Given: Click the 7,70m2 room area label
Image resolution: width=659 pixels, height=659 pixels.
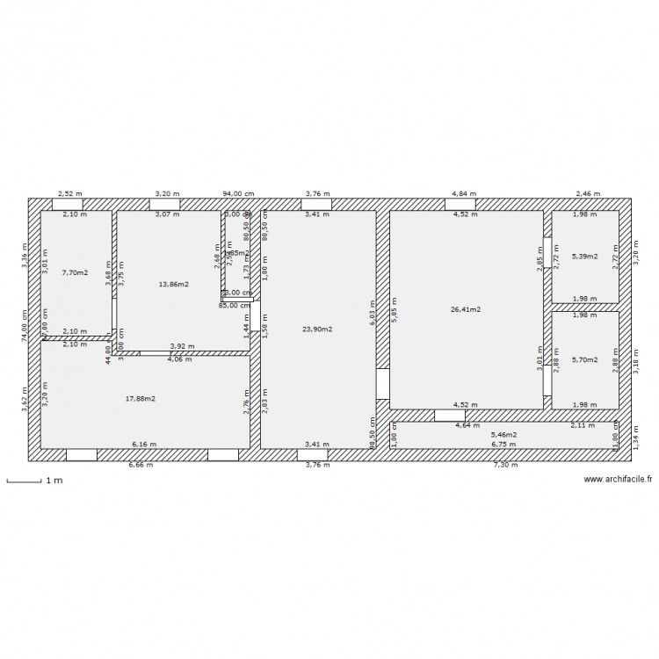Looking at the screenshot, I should click(75, 272).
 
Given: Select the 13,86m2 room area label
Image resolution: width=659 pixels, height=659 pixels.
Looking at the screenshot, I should click(173, 285).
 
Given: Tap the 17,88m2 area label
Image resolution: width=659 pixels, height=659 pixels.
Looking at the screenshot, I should click(141, 398).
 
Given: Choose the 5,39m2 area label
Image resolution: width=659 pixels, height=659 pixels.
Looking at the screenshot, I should click(584, 257).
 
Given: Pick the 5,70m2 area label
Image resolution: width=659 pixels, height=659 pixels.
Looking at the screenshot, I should click(584, 359).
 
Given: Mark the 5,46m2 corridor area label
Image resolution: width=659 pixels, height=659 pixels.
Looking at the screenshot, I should click(503, 434).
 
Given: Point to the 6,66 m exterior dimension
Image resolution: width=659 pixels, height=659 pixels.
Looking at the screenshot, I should click(141, 465).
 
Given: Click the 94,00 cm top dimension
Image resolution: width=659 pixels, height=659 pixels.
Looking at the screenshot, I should click(238, 192).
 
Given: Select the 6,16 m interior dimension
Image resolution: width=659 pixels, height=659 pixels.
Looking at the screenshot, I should click(143, 445).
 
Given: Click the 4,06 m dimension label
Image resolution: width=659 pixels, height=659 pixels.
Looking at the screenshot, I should click(178, 358).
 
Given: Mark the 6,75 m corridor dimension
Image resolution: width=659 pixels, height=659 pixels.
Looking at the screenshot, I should click(503, 445).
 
